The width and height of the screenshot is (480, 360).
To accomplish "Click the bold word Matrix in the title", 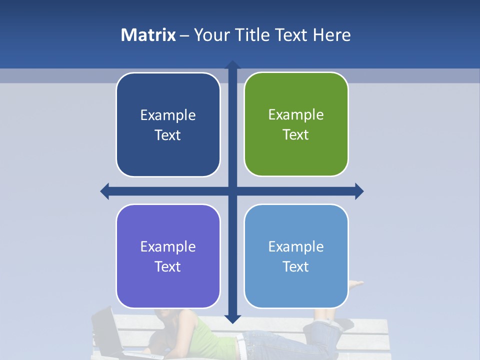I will [x=148, y=35].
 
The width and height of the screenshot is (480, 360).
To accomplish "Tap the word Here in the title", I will [x=332, y=35].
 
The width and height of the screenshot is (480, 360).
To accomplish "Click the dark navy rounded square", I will [x=168, y=125].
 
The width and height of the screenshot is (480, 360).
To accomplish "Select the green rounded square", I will [x=296, y=124].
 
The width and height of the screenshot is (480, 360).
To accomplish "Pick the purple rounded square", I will [x=168, y=256].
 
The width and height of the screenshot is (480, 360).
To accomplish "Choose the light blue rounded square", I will [x=296, y=256].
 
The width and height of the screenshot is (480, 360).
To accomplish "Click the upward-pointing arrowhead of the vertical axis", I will [x=232, y=64].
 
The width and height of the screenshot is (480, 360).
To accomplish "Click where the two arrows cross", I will [x=232, y=191].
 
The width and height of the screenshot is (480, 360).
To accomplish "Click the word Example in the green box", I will [x=296, y=114].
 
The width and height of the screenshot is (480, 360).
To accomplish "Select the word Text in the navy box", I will [x=167, y=135].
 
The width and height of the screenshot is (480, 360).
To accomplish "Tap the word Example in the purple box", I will [x=168, y=246].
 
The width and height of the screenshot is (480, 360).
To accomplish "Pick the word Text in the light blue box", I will [x=296, y=266].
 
